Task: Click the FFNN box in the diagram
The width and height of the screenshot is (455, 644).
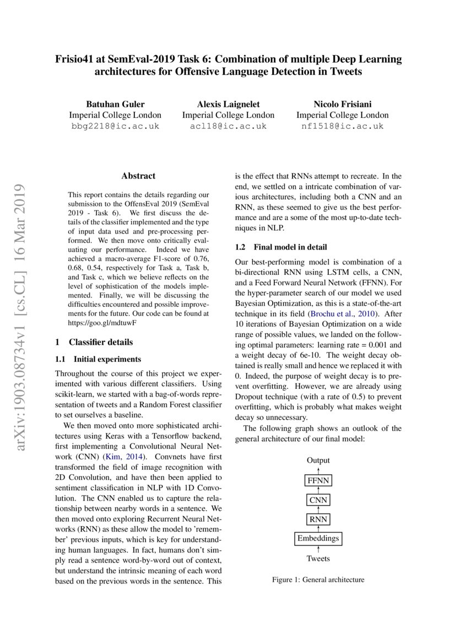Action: point(318,480)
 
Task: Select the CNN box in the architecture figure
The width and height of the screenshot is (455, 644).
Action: point(318,500)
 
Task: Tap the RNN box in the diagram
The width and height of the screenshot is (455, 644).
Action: point(318,519)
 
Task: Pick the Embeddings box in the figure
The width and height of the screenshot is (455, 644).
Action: point(318,538)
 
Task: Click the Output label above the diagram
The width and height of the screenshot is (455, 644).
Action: point(318,460)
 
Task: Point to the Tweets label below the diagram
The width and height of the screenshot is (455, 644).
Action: point(318,559)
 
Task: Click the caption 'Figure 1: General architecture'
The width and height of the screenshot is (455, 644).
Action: point(318,580)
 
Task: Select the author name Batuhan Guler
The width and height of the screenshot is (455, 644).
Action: point(115,104)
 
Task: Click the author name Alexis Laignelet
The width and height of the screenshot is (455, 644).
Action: point(228,104)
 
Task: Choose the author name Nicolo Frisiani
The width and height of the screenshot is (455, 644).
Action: point(342,104)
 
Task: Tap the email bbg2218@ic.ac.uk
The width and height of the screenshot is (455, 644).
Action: point(115,126)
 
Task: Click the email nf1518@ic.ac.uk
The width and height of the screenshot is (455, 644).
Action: point(342,126)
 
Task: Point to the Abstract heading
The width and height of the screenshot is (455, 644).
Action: point(138,176)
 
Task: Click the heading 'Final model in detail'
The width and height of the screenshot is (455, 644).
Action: point(281,247)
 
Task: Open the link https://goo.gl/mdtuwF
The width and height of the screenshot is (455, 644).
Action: point(102,322)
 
